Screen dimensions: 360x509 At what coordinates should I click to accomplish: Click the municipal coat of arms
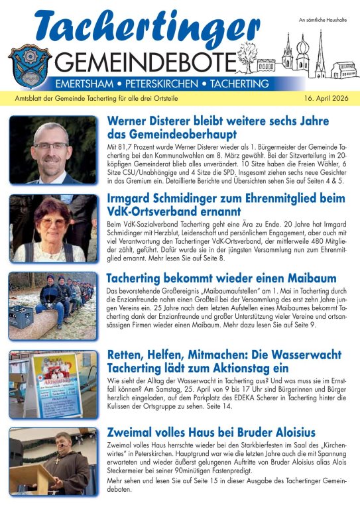tap(29, 64)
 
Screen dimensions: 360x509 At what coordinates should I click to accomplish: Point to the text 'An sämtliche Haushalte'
tap(322, 23)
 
